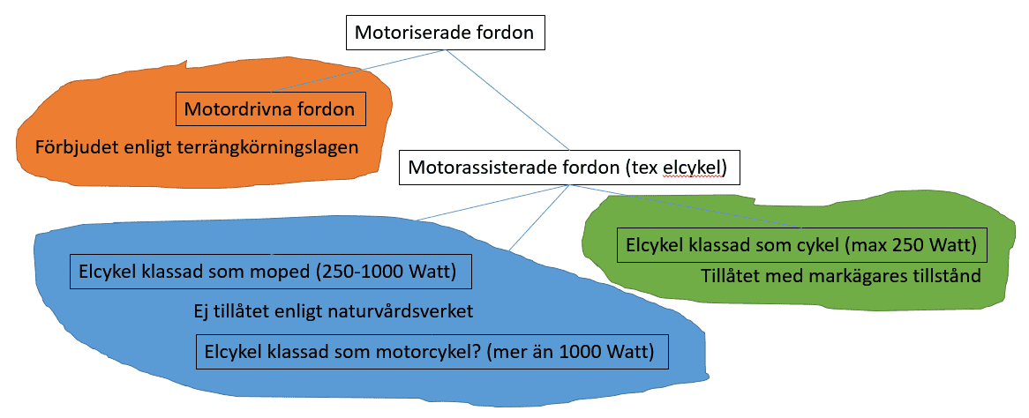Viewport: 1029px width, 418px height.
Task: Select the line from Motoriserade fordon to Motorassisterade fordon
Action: pos(507,100)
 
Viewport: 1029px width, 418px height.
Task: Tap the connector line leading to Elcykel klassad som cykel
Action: pos(687,206)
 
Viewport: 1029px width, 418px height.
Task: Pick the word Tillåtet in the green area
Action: pos(729,276)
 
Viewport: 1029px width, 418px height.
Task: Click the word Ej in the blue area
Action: pos(201,311)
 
